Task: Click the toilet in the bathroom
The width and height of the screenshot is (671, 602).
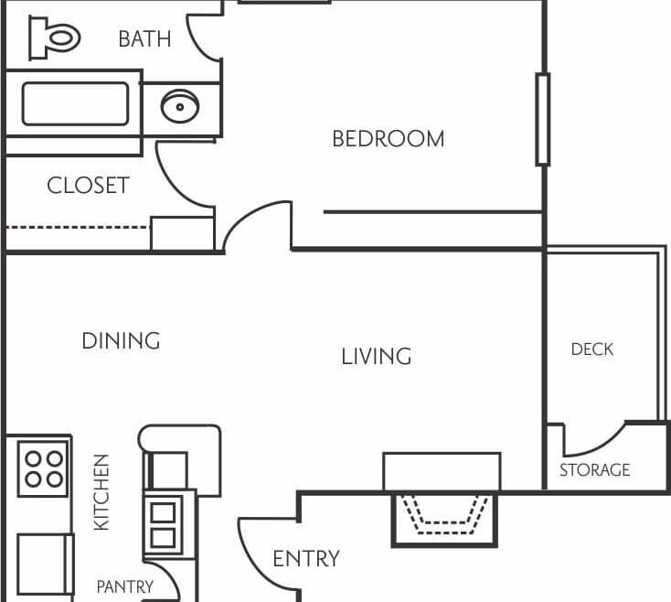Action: pyautogui.click(x=54, y=38)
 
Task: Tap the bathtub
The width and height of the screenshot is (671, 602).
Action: pyautogui.click(x=75, y=103)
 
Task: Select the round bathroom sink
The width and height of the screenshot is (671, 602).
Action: pyautogui.click(x=180, y=106)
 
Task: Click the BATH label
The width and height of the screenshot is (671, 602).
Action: pyautogui.click(x=144, y=39)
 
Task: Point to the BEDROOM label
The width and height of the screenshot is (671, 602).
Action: pyautogui.click(x=389, y=139)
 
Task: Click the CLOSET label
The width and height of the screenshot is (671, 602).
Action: pyautogui.click(x=88, y=186)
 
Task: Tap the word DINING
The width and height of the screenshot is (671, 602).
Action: pyautogui.click(x=121, y=341)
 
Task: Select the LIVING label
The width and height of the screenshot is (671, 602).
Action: pyautogui.click(x=377, y=357)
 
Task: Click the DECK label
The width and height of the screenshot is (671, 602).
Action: pyautogui.click(x=591, y=349)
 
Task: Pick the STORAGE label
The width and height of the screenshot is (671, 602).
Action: pyautogui.click(x=595, y=470)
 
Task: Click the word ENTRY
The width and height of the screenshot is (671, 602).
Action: pyautogui.click(x=306, y=559)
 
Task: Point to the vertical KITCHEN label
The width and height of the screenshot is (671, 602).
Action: pyautogui.click(x=101, y=492)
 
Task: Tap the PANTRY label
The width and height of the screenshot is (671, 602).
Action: pyautogui.click(x=125, y=587)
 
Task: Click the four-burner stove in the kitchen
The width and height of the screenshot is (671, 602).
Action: pyautogui.click(x=43, y=468)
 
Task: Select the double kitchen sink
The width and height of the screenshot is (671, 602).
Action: pyautogui.click(x=163, y=524)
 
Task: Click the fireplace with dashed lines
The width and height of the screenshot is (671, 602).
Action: pyautogui.click(x=444, y=520)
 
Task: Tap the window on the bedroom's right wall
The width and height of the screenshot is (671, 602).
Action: pyautogui.click(x=543, y=120)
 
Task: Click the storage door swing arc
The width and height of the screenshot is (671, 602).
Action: pyautogui.click(x=595, y=441)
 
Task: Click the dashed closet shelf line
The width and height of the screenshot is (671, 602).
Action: pyautogui.click(x=78, y=228)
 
